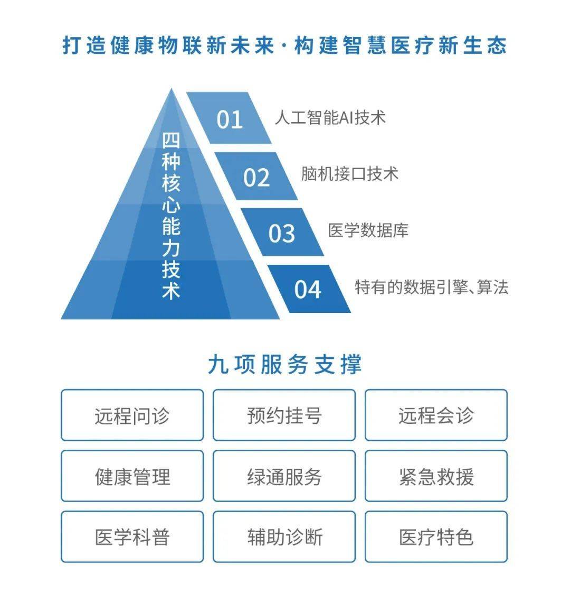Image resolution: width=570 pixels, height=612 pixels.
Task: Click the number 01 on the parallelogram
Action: point(230,119)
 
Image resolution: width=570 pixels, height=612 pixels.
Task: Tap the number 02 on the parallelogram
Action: point(256,178)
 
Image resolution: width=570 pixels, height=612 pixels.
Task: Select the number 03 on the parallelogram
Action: point(281,234)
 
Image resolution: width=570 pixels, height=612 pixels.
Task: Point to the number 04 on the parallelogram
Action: point(308,290)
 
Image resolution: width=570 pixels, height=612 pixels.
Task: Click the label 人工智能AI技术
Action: point(330,117)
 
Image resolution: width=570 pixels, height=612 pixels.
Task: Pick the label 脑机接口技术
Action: point(350,174)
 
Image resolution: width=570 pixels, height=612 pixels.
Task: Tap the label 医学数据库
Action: point(368,230)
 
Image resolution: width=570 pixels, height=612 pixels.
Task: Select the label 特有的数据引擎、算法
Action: point(432,287)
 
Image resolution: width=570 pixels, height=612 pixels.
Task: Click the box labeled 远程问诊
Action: point(132,415)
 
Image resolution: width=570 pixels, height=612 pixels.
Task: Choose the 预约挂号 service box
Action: point(284,415)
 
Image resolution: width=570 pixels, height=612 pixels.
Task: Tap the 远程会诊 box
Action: point(436,415)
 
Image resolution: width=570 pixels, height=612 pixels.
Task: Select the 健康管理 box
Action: point(132,476)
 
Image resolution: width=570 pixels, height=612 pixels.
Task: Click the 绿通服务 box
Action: point(284,476)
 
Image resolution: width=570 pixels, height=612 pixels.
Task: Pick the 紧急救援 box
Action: point(436,476)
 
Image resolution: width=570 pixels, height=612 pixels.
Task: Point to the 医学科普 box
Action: point(132,536)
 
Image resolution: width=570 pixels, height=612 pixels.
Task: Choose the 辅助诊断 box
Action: point(284,536)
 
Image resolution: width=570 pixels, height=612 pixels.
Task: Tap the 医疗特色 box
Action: point(436,536)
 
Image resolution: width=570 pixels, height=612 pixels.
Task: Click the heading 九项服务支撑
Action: point(285,365)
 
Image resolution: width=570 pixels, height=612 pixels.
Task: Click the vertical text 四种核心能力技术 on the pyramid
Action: point(171,216)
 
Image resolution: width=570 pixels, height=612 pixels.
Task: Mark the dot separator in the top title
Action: point(284,45)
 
